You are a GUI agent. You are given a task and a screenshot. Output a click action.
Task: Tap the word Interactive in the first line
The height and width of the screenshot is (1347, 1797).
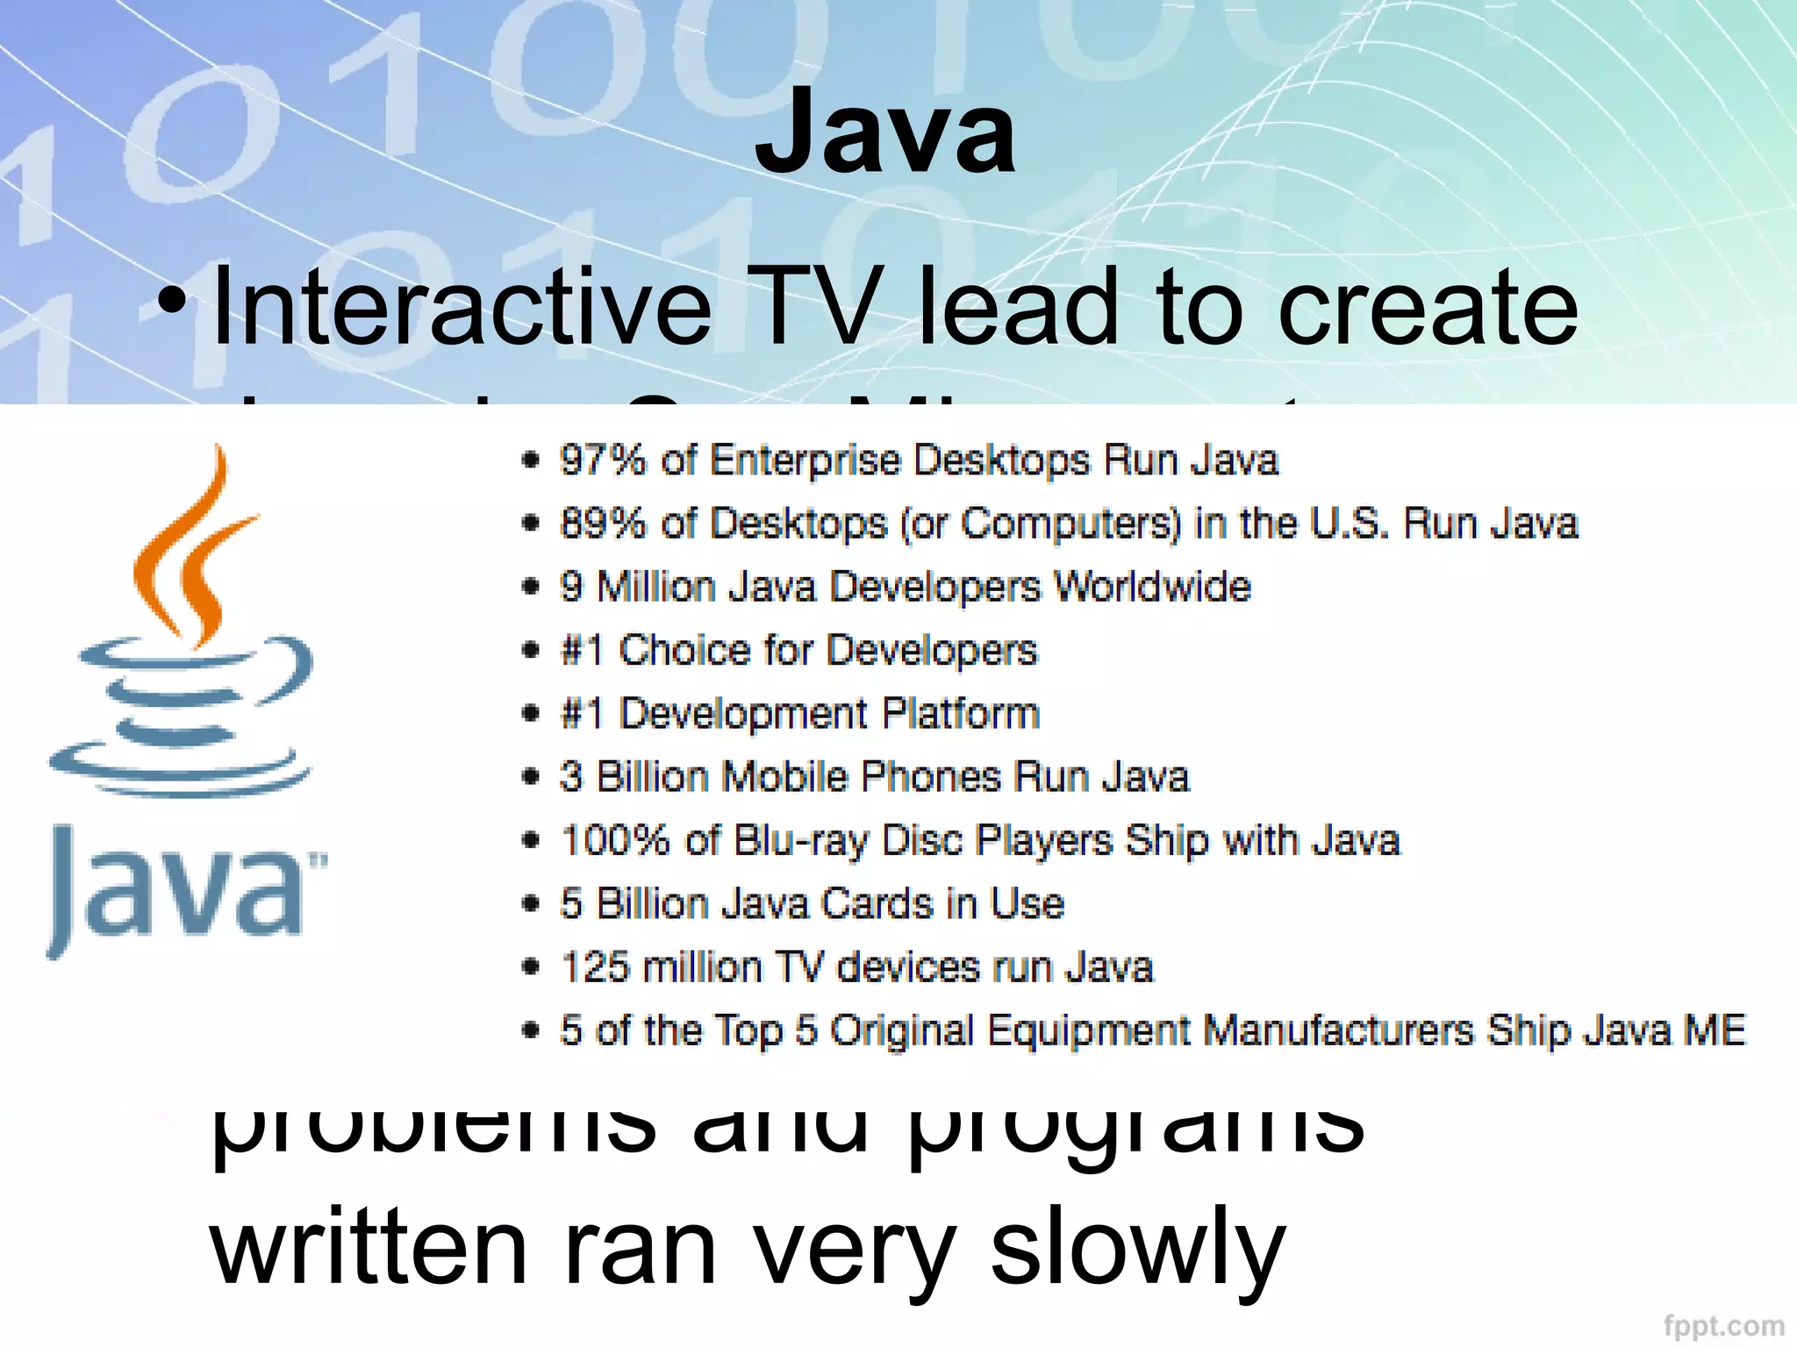(462, 308)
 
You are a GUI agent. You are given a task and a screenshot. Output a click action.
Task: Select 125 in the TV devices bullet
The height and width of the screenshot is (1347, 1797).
(593, 967)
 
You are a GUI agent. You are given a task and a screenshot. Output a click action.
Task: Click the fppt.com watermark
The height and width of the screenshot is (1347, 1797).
(1723, 1325)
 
